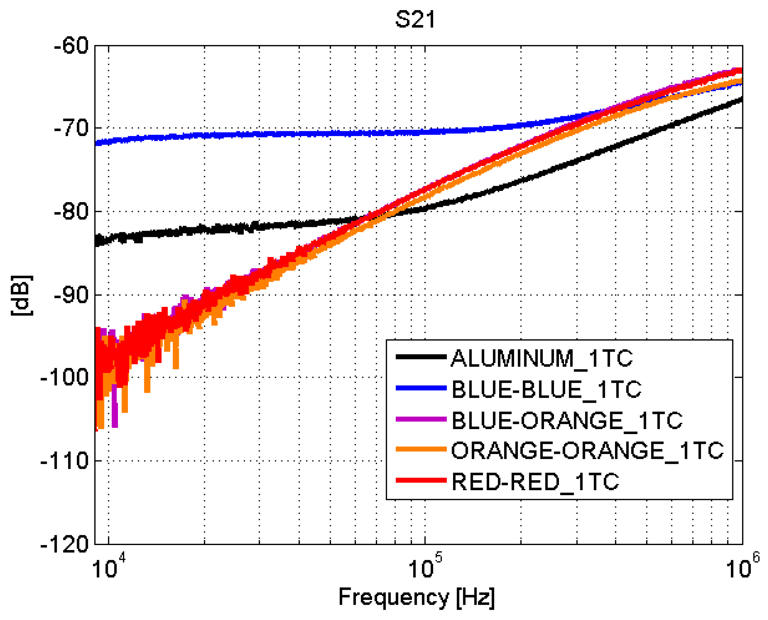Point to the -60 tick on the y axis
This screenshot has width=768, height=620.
coord(71,46)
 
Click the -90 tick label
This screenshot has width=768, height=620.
coord(71,295)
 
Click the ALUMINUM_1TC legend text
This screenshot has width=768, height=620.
coord(542,358)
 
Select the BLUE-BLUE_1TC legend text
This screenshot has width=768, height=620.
coord(546,389)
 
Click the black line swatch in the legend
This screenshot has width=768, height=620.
coord(421,357)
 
